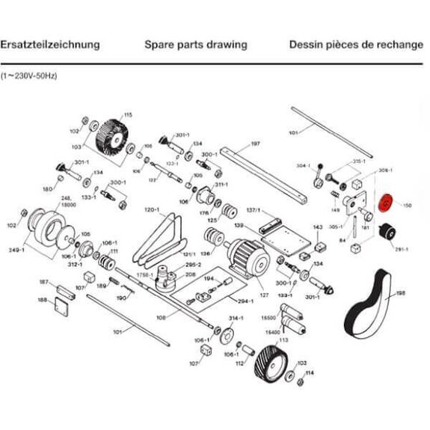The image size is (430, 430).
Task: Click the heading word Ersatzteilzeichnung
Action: click(50, 44)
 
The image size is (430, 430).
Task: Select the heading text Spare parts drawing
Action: click(195, 44)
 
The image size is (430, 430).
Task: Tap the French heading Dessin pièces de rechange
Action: click(356, 44)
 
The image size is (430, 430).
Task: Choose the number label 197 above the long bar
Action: click(255, 144)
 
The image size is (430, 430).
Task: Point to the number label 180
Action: click(48, 189)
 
